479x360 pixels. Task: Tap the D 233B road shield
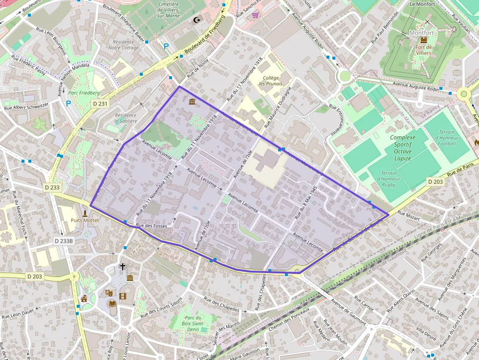(x=64, y=241)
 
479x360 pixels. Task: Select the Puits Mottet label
(x=85, y=220)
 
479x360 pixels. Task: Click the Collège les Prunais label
(x=270, y=81)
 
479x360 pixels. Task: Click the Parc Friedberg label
(x=84, y=93)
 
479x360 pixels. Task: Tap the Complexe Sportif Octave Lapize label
(x=403, y=145)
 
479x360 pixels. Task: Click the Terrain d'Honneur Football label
(x=447, y=138)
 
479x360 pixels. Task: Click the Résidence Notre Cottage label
(x=123, y=45)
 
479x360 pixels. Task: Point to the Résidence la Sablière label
(x=126, y=118)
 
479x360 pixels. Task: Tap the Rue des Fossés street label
(x=152, y=226)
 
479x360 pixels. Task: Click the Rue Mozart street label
(x=408, y=215)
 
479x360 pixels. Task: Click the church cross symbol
(x=123, y=267)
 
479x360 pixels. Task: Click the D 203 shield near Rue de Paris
(x=435, y=182)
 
